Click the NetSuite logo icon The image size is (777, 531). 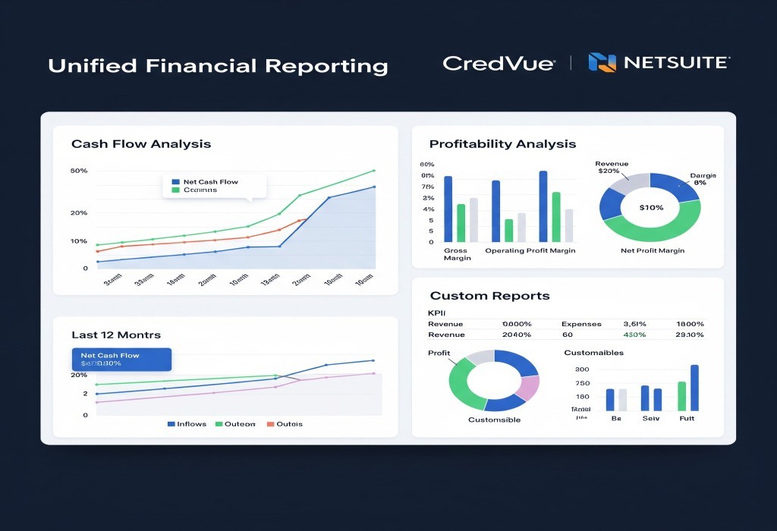tap(602, 63)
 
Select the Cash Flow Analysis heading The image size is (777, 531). tap(140, 144)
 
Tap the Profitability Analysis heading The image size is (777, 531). tap(502, 144)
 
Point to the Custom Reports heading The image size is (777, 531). tap(489, 296)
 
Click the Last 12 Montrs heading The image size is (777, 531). tap(115, 335)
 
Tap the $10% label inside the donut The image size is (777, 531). tap(650, 207)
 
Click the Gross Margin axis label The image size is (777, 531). tap(457, 254)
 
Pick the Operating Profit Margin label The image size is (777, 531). tap(530, 250)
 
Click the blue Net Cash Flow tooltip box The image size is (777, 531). tap(121, 359)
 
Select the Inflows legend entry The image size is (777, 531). tap(186, 424)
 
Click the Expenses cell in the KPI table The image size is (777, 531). tap(580, 324)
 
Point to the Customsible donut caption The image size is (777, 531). tap(494, 419)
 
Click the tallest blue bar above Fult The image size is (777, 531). tap(694, 387)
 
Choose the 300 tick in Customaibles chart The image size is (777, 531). tap(583, 369)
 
